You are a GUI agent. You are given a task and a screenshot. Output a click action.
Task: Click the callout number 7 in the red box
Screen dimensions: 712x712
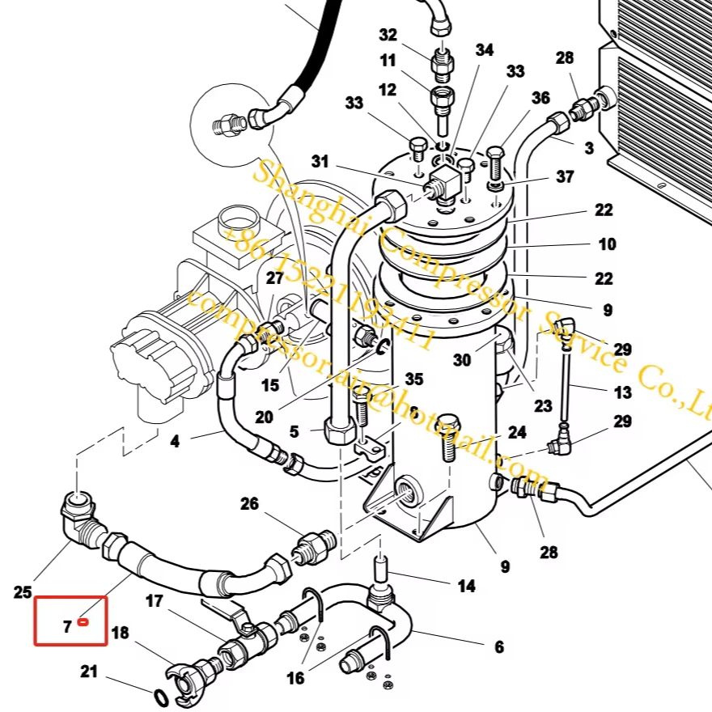point(67,626)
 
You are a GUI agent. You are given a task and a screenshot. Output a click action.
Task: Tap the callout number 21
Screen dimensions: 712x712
point(89,671)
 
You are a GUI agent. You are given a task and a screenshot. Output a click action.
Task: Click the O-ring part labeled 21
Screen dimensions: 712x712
point(160,697)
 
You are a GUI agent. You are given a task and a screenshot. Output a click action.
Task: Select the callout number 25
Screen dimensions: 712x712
point(23,592)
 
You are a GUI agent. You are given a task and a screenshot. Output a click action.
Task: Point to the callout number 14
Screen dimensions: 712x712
point(466,586)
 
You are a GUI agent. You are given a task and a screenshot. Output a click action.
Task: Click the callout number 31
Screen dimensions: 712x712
point(320,162)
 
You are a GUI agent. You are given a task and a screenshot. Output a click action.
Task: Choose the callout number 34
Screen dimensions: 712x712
point(484,50)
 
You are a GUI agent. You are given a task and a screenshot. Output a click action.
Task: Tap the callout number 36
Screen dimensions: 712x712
point(540,98)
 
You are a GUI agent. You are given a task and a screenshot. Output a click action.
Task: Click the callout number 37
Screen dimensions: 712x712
point(564,177)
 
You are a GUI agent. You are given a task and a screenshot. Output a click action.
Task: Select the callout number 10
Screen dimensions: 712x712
point(607,244)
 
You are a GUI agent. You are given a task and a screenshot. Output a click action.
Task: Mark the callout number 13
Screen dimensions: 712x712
point(622,392)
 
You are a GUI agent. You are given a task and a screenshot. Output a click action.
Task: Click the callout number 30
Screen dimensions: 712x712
point(462,361)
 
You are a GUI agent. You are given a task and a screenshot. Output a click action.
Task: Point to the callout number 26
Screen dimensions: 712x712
point(249,504)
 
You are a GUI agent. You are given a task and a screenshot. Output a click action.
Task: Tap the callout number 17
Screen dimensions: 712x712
point(154,601)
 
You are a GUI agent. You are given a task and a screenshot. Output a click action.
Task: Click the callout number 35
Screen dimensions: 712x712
point(414,379)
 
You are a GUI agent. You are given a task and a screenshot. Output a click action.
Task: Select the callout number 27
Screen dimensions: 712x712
point(275,278)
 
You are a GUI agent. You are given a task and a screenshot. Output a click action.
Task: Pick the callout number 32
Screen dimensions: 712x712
point(388,35)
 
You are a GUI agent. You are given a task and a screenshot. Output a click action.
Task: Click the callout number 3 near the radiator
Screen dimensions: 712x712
point(588,148)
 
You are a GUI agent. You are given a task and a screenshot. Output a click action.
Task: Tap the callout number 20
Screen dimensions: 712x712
point(264,417)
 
